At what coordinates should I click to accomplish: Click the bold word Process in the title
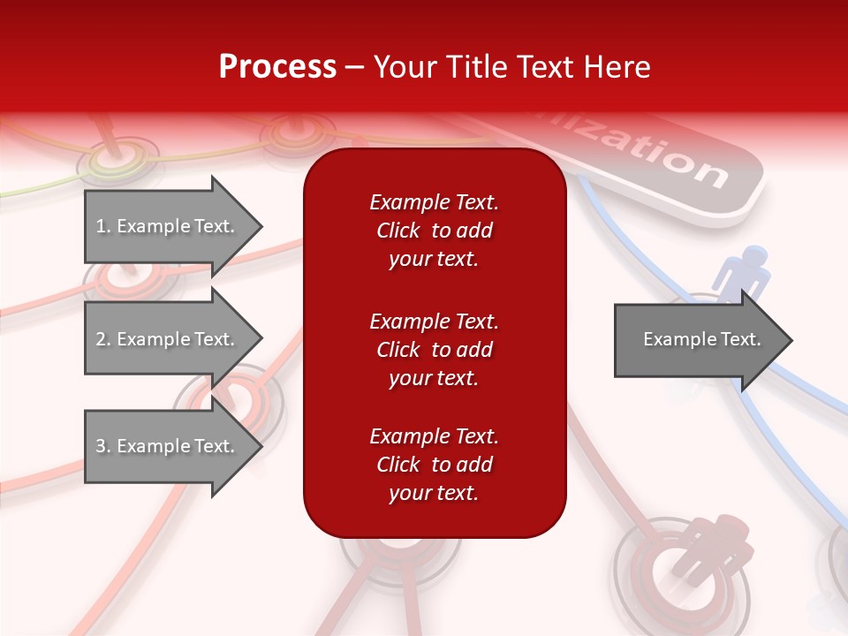click(x=277, y=67)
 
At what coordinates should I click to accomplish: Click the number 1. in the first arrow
click(x=103, y=226)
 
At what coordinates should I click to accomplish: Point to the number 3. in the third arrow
click(x=103, y=446)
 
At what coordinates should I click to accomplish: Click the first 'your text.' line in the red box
click(x=434, y=260)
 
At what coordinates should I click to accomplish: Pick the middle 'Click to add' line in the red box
click(x=434, y=350)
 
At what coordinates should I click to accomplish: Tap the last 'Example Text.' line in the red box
click(x=434, y=436)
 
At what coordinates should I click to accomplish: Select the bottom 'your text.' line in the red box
click(x=434, y=493)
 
